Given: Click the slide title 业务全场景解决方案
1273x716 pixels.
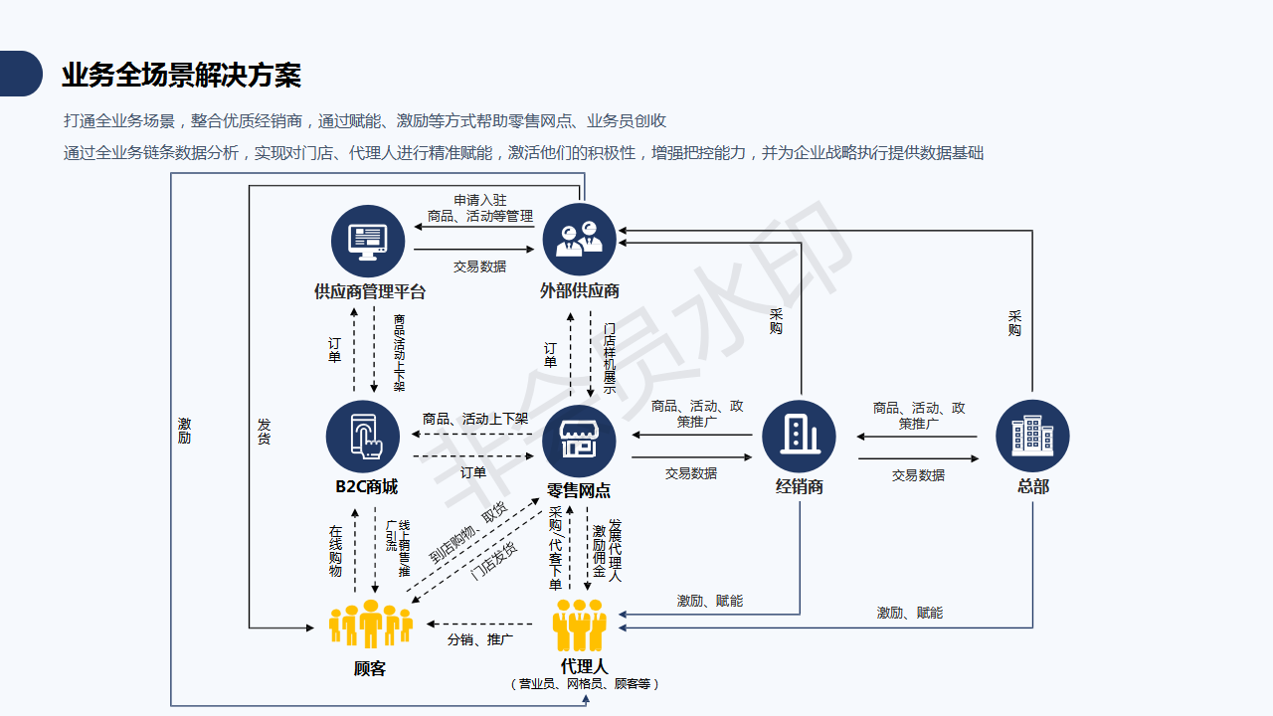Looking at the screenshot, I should pos(181,76).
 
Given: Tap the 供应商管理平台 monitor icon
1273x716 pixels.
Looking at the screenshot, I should pos(368,242).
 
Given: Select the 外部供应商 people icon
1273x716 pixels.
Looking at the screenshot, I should pos(580,240).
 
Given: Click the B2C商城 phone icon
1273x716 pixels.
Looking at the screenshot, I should pos(363,437).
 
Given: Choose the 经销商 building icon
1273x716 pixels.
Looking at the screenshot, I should pos(799,437).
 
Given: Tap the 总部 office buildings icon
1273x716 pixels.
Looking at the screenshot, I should pos(1032,437).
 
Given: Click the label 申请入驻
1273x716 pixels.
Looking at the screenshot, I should pos(480,201).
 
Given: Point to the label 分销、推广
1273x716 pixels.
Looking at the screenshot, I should pos(480,639).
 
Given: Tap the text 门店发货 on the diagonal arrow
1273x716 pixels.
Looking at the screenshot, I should pos(493,561).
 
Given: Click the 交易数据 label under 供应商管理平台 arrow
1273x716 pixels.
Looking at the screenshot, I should pos(480,267).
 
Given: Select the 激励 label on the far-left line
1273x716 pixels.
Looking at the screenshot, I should pos(185,431).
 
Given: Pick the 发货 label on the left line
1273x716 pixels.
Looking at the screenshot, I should pos(264,431).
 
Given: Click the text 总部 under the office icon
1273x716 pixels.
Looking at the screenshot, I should pos(1032,486).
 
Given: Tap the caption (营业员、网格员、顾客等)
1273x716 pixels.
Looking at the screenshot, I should pos(584,684).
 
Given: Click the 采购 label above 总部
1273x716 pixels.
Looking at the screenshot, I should pos(1014,323).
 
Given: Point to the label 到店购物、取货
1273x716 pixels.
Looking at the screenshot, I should pos(467,532).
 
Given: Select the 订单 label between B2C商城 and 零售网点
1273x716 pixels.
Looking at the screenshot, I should pos(473,472).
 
